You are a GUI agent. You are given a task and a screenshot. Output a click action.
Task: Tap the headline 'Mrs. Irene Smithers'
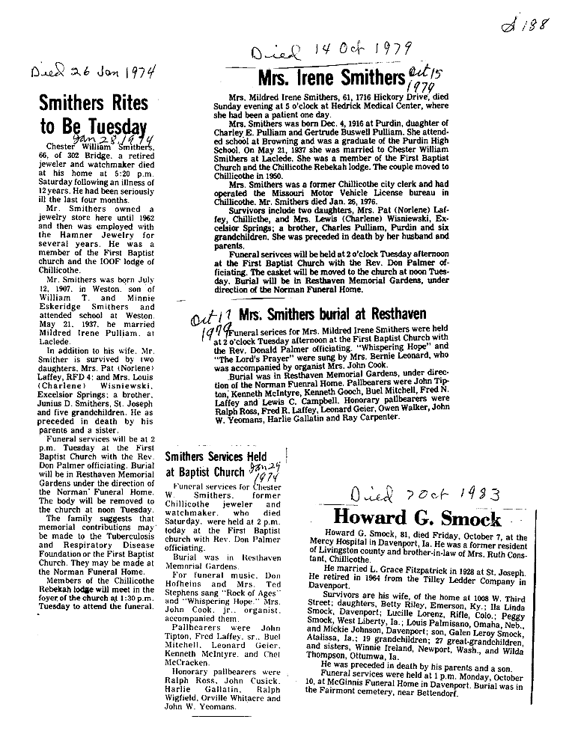pyautogui.click(x=331, y=77)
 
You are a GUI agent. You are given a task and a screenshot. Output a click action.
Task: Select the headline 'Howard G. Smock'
pyautogui.click(x=416, y=518)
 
